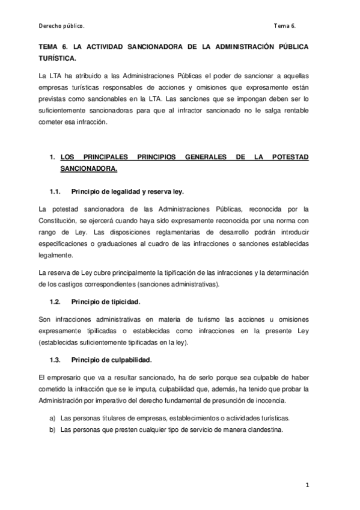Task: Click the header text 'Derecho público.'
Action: pyautogui.click(x=61, y=26)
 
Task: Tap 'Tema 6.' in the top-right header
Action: pyautogui.click(x=284, y=26)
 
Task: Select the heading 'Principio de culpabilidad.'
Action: pyautogui.click(x=111, y=360)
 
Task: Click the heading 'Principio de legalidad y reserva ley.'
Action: pyautogui.click(x=127, y=191)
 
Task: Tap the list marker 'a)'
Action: pyautogui.click(x=52, y=418)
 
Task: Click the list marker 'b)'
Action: pyautogui.click(x=52, y=430)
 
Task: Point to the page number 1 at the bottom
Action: pyautogui.click(x=307, y=484)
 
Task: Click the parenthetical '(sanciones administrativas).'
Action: pyautogui.click(x=180, y=283)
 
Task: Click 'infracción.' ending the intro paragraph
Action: pyautogui.click(x=90, y=122)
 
